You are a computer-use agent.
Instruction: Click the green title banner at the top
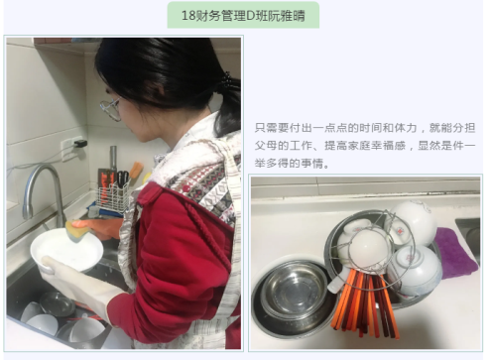243,15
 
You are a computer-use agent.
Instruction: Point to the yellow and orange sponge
78,231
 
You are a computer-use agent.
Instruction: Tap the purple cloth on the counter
455,252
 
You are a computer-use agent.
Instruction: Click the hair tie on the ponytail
227,81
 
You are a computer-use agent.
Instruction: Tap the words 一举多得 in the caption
369,155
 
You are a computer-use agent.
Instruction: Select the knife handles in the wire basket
123,180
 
